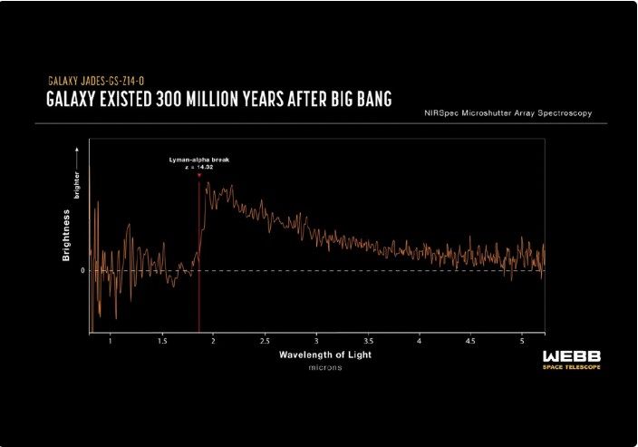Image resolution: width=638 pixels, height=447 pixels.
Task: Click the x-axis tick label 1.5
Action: [x=161, y=341]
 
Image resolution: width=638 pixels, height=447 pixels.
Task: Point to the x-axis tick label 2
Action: [x=212, y=341]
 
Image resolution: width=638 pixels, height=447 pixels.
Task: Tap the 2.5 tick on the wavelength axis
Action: [x=264, y=341]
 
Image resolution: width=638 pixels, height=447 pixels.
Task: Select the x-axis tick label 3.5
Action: [x=367, y=341]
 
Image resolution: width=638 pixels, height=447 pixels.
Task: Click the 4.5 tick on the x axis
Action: [x=470, y=341]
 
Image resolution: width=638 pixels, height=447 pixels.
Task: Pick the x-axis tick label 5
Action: [x=522, y=341]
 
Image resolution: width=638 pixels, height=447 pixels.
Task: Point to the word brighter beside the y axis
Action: [x=78, y=185]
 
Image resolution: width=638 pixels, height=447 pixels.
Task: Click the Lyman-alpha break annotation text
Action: [x=198, y=159]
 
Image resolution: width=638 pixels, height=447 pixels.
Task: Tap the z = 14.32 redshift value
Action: [x=198, y=167]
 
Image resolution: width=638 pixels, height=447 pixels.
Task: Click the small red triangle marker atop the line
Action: [x=198, y=175]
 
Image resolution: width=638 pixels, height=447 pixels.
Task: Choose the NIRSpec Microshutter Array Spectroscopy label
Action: [x=513, y=113]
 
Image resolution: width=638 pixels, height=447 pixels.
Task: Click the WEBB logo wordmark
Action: [x=569, y=355]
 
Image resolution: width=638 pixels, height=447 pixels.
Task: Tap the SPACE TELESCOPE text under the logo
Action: [x=570, y=367]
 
